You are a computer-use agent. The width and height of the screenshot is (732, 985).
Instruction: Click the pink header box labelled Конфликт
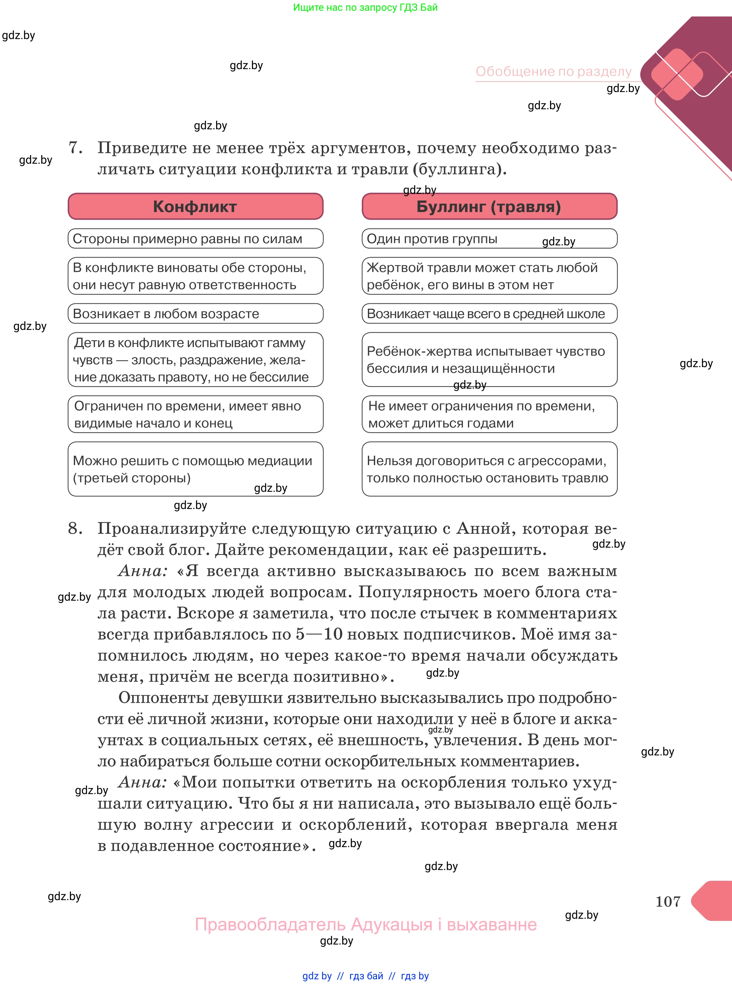pos(195,206)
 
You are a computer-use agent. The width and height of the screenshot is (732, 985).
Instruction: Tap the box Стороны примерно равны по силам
pos(195,239)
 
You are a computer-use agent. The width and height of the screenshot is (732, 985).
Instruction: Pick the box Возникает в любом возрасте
pos(195,313)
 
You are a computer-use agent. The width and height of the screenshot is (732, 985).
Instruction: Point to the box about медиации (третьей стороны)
pos(195,469)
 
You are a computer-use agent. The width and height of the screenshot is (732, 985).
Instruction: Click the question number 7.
pos(75,148)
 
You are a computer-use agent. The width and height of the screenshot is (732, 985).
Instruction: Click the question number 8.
pos(75,528)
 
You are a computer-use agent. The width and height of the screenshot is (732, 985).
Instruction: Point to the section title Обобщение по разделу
pos(554,71)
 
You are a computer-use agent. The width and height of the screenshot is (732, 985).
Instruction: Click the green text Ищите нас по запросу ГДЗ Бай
pos(365,7)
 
